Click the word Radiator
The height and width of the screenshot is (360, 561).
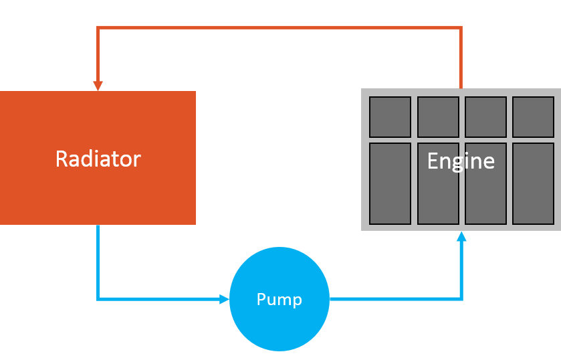[x=98, y=159]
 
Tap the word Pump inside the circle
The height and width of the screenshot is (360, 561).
[x=279, y=299]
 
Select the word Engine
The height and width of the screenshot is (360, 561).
[x=461, y=161]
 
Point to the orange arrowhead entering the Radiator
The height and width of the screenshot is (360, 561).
[x=98, y=86]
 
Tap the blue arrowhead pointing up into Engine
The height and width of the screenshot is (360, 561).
[x=461, y=236]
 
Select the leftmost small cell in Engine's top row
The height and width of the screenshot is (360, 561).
[x=390, y=116]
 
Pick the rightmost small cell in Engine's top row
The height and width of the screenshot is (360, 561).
[x=533, y=116]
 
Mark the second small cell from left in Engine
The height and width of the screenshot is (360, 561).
[x=438, y=116]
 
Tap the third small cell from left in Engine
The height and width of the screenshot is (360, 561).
[x=485, y=116]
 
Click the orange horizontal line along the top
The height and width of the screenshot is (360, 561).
[x=281, y=27]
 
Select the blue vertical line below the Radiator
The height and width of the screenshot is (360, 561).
[x=98, y=261]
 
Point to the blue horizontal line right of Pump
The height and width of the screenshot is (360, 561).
[x=395, y=299]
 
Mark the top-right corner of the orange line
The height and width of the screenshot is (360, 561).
[x=461, y=27]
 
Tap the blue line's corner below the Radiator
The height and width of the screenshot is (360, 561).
[x=98, y=299]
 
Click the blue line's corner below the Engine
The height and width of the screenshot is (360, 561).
[x=461, y=299]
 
